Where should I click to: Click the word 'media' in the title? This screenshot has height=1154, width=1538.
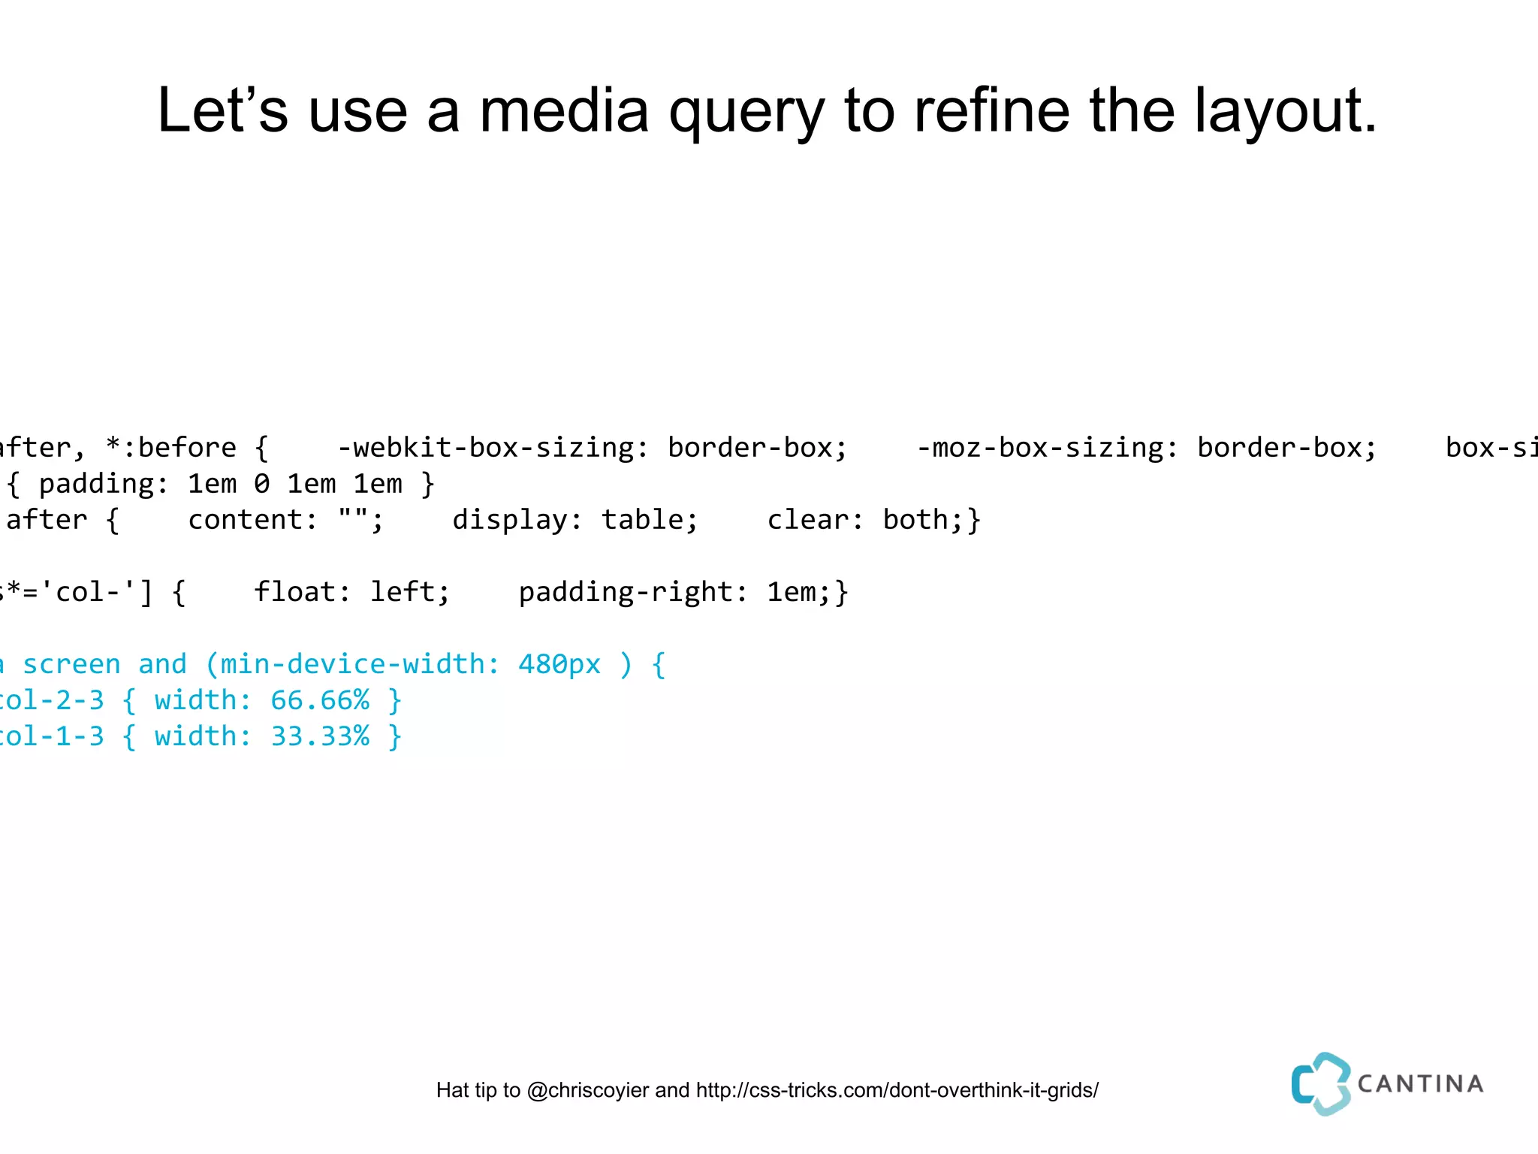tap(563, 111)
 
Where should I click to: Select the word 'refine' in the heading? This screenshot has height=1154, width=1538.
tap(991, 111)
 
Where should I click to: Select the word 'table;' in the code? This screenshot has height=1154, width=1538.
tap(650, 520)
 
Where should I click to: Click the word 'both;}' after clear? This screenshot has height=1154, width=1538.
tap(932, 520)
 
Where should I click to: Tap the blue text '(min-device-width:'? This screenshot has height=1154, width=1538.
tap(353, 664)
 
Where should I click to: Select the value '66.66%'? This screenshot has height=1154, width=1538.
tap(320, 700)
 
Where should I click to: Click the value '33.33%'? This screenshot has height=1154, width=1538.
tap(320, 736)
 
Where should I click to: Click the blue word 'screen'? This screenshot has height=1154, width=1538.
tap(71, 664)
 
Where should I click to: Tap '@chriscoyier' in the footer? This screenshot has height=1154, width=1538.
tap(587, 1090)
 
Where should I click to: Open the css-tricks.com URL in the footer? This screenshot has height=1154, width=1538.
tap(897, 1090)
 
